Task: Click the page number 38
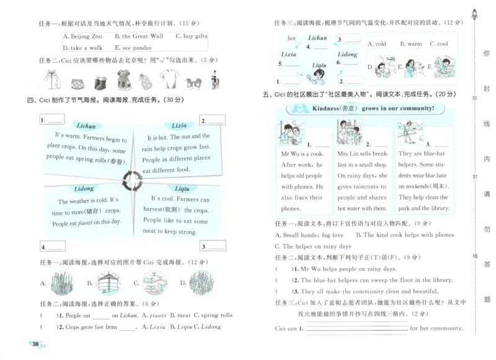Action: tap(35, 344)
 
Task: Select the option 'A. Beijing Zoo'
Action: tap(82, 37)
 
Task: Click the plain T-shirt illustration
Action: tap(169, 80)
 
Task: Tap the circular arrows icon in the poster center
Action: tap(133, 181)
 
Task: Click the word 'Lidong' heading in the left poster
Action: tap(84, 188)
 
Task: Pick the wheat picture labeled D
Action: tap(197, 283)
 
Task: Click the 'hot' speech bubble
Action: tap(291, 38)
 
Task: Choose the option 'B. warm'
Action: tap(410, 44)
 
